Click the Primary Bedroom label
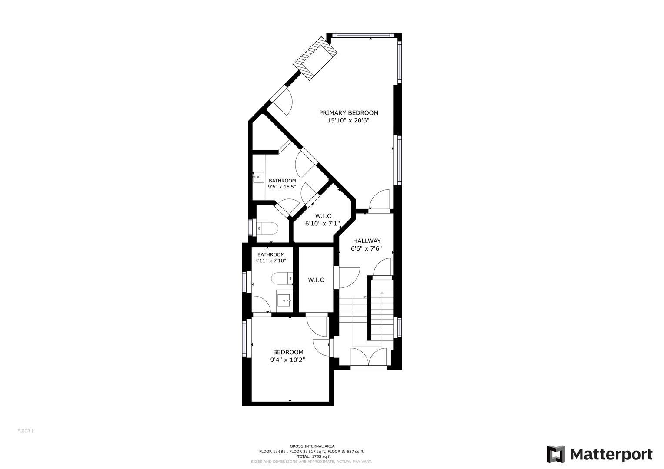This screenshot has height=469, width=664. click(349, 113)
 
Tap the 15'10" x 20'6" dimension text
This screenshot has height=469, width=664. click(348, 121)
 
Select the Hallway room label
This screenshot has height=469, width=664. click(367, 241)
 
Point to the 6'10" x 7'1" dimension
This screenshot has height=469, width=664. click(323, 224)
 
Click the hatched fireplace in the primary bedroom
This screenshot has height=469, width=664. click(315, 58)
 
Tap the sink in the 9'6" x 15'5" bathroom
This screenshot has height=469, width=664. click(258, 177)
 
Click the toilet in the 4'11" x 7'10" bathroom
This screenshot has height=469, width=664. click(282, 278)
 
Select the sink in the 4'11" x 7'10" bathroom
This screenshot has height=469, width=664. click(284, 300)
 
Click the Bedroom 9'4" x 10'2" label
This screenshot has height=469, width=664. click(288, 356)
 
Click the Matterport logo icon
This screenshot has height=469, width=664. click(556, 454)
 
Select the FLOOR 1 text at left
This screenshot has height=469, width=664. click(26, 431)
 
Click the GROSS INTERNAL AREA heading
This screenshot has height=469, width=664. click(312, 446)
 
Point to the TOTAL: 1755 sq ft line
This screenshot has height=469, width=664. click(312, 456)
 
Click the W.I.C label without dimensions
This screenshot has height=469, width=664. click(316, 280)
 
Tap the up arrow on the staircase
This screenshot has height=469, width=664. click(382, 293)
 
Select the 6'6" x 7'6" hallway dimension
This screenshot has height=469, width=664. click(367, 249)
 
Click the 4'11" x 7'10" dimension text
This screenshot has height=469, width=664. click(270, 261)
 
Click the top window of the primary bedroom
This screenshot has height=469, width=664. click(363, 36)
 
